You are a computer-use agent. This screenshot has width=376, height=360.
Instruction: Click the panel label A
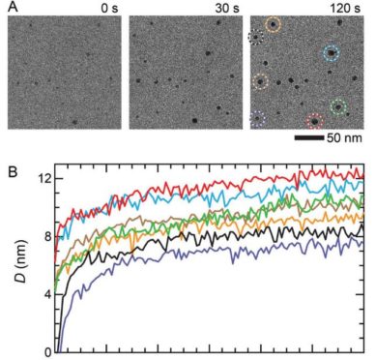pyautogui.click(x=11, y=12)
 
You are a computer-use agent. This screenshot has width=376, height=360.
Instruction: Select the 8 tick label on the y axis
pyautogui.click(x=45, y=237)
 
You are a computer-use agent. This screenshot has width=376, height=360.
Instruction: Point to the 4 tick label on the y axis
pyautogui.click(x=45, y=294)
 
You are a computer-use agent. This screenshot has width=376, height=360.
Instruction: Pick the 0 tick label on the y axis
pyautogui.click(x=45, y=351)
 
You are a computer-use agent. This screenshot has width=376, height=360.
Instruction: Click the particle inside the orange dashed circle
pyautogui.click(x=274, y=26)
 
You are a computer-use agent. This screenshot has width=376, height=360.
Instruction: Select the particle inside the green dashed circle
pyautogui.click(x=338, y=105)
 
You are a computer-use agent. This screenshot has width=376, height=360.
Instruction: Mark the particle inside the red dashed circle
pyautogui.click(x=313, y=121)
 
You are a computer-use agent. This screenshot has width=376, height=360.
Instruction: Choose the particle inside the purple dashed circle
pyautogui.click(x=258, y=120)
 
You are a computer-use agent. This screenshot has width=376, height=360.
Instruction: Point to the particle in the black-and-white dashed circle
pyautogui.click(x=256, y=39)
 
